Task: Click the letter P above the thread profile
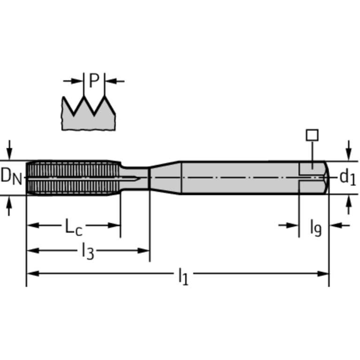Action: click(94, 81)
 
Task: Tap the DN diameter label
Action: click(11, 176)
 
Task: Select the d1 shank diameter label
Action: click(347, 177)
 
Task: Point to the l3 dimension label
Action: click(88, 252)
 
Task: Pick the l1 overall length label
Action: click(183, 276)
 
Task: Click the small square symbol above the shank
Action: click(312, 135)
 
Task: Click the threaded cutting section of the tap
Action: click(73, 177)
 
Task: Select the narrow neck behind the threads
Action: click(135, 177)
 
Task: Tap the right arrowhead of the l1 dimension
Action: click(323, 274)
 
